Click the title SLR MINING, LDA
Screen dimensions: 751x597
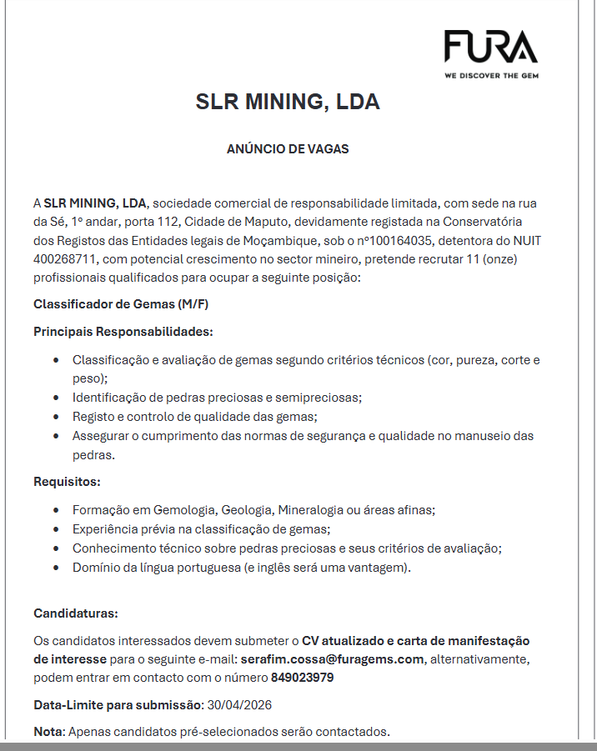pos(288,103)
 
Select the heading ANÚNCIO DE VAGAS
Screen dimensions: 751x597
pos(288,149)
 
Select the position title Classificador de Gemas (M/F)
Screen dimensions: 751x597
pos(121,303)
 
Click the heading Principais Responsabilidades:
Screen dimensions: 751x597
pos(123,332)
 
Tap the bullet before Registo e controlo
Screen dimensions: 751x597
pos(55,416)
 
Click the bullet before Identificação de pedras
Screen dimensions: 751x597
pos(55,398)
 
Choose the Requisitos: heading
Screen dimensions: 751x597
pos(67,481)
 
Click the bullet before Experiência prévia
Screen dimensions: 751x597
pos(55,528)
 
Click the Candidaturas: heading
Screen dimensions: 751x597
pos(76,613)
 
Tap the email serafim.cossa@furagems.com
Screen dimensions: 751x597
pos(333,659)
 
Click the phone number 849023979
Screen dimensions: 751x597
pos(303,678)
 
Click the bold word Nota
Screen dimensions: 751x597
pos(47,732)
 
